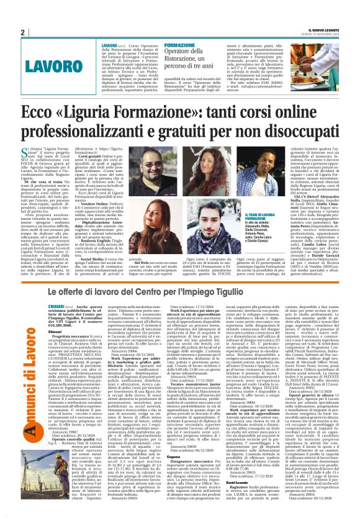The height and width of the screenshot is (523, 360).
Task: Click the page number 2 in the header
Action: click(22, 32)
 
